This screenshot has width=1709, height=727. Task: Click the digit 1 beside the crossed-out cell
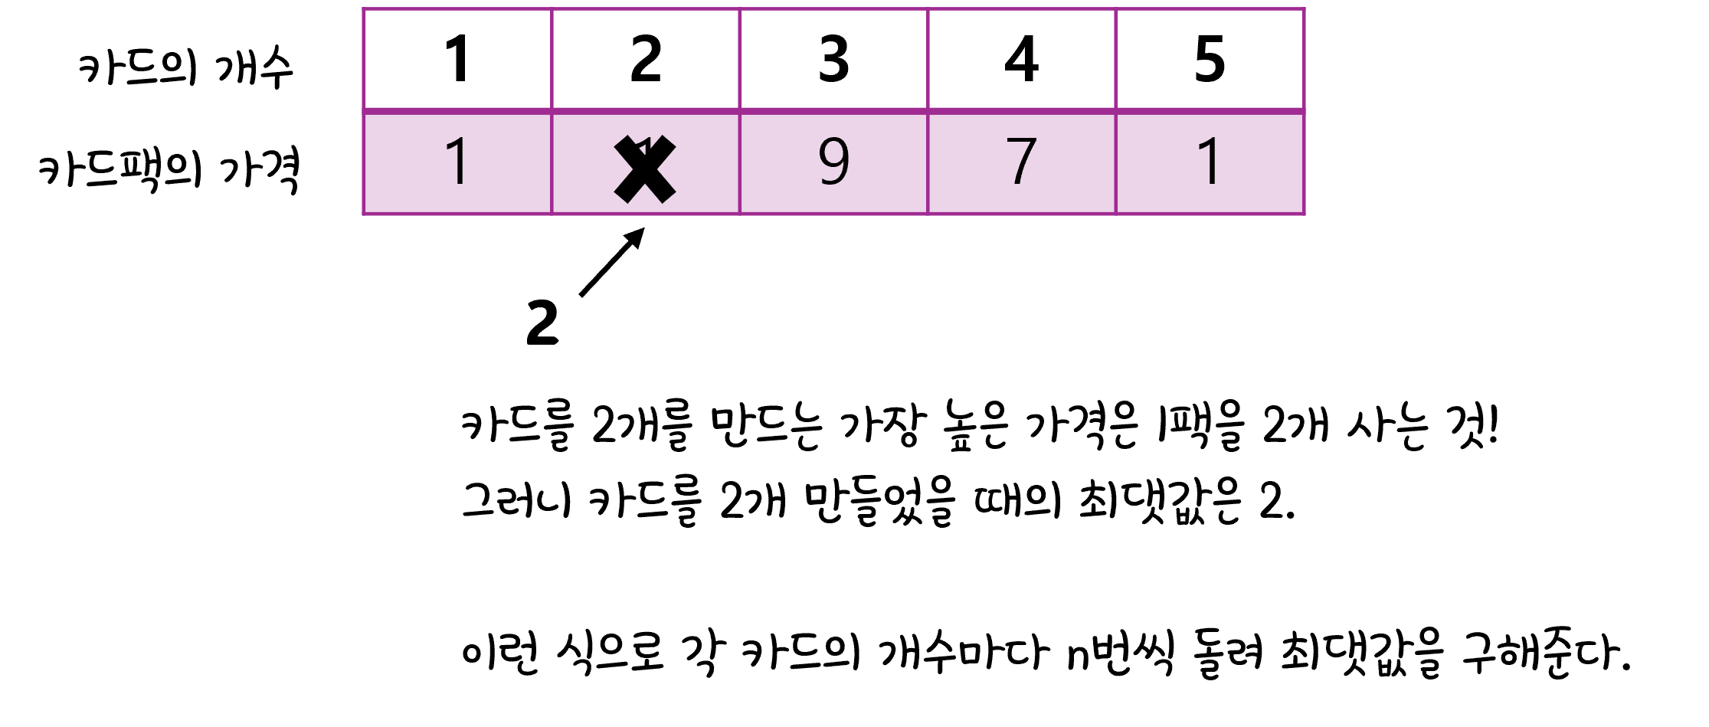click(457, 162)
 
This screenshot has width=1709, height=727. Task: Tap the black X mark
click(645, 169)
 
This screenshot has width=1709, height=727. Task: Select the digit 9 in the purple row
click(833, 162)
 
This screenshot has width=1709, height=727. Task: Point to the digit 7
click(1022, 162)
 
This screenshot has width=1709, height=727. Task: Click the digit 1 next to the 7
click(1210, 162)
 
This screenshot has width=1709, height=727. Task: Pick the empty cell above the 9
click(833, 59)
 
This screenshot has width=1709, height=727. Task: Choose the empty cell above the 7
click(1022, 59)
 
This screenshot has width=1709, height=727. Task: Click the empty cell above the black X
click(645, 59)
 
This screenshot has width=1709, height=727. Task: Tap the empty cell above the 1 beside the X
click(457, 59)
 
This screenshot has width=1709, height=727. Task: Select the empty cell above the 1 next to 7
click(1210, 59)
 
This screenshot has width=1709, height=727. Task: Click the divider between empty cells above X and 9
click(739, 59)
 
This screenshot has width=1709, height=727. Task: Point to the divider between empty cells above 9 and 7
click(928, 59)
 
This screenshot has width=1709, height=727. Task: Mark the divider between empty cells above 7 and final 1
click(1116, 59)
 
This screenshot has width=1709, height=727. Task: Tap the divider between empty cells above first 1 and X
click(552, 59)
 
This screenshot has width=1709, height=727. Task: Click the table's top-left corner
click(364, 9)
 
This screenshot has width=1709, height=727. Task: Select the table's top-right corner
click(1304, 9)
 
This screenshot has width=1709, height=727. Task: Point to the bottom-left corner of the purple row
click(364, 214)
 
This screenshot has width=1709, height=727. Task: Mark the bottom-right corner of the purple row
click(1304, 214)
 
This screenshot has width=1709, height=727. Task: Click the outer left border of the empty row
click(364, 59)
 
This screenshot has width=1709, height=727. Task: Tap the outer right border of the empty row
click(1304, 59)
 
